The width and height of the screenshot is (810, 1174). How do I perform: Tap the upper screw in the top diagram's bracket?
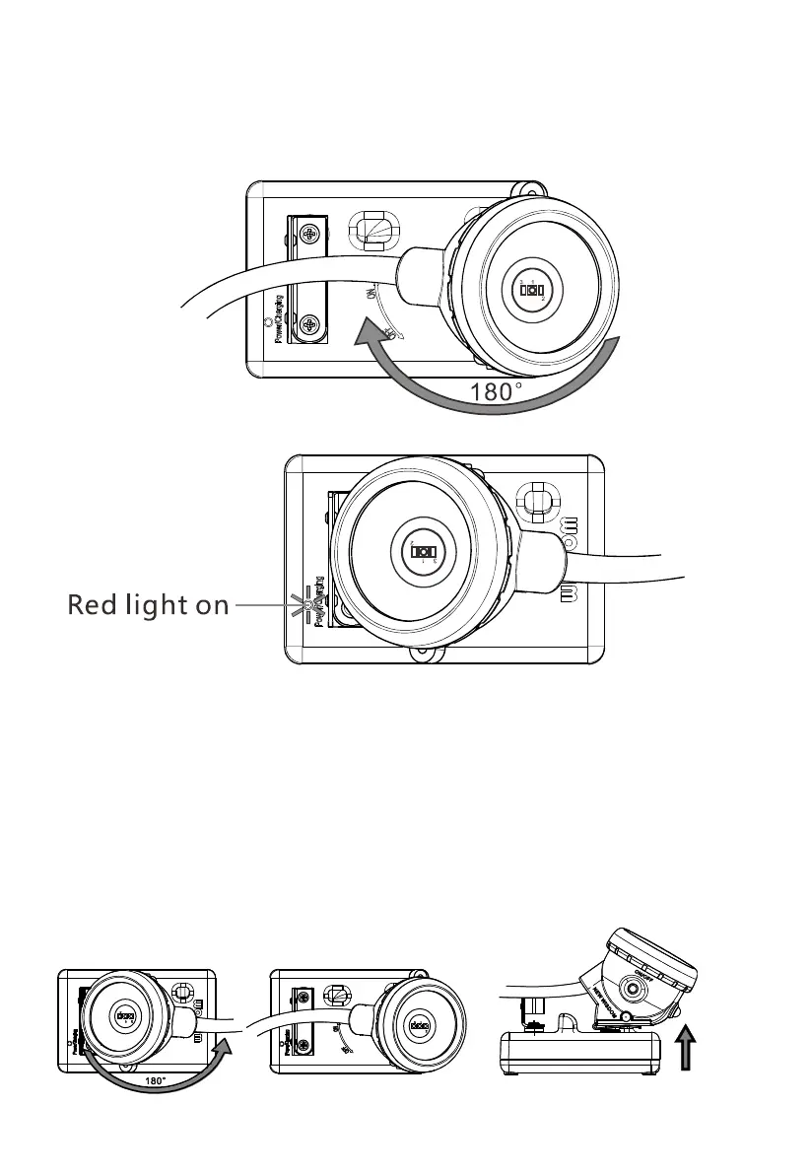(x=311, y=234)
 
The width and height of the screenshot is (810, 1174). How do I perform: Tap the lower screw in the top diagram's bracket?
(x=311, y=322)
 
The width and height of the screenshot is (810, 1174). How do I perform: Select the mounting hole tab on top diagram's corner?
(x=531, y=187)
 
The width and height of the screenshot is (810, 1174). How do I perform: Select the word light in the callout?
(x=157, y=604)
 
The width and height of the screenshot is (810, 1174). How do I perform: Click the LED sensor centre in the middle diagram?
(x=424, y=551)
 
